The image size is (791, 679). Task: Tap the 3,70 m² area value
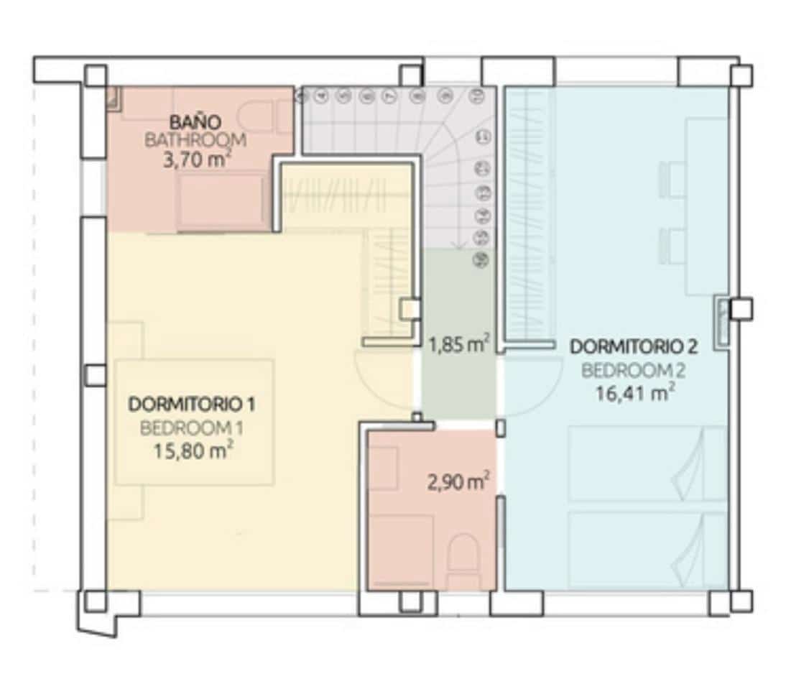[195, 159]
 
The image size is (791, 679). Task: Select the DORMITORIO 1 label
[192, 404]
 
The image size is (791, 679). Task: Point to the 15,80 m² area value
[191, 451]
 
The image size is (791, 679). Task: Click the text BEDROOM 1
[191, 428]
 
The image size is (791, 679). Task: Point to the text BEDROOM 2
[633, 371]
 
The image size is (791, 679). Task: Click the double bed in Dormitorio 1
[194, 422]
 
